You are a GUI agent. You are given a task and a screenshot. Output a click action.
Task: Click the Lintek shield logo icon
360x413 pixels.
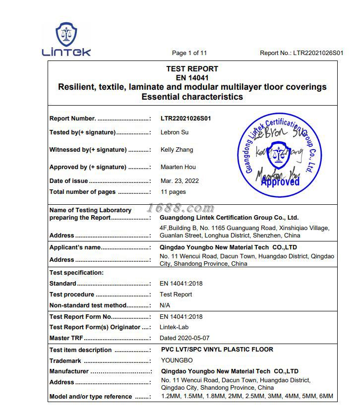pyautogui.click(x=66, y=34)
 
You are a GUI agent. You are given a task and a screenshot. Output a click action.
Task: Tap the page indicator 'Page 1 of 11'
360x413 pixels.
pyautogui.click(x=189, y=53)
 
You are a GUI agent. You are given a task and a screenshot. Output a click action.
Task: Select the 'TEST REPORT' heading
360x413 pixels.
pyautogui.click(x=192, y=69)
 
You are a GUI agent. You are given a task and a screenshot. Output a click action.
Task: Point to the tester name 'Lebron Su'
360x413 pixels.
pyautogui.click(x=175, y=132)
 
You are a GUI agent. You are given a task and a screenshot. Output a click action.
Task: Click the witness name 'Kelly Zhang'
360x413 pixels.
pyautogui.click(x=177, y=150)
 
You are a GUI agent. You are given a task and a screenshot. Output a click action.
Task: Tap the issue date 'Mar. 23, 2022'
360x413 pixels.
pyautogui.click(x=180, y=181)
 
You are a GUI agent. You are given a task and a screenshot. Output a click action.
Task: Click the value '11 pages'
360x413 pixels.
pyautogui.click(x=173, y=192)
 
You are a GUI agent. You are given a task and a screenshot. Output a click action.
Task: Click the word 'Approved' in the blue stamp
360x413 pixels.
pyautogui.click(x=280, y=182)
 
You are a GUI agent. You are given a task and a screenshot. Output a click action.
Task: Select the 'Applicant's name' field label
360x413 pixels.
pyautogui.click(x=75, y=247)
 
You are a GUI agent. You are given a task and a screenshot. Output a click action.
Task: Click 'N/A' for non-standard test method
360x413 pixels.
pyautogui.click(x=165, y=305)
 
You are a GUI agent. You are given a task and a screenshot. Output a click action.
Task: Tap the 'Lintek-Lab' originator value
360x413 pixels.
pyautogui.click(x=174, y=327)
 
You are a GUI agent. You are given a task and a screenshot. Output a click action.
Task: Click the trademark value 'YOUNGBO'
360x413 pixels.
pyautogui.click(x=177, y=360)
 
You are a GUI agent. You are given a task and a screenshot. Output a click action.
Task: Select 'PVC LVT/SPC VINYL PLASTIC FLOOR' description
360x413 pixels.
pyautogui.click(x=217, y=350)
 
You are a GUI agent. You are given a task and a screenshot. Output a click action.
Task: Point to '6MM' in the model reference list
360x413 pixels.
pyautogui.click(x=326, y=397)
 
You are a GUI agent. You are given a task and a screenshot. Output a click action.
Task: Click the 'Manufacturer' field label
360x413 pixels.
pyautogui.click(x=69, y=371)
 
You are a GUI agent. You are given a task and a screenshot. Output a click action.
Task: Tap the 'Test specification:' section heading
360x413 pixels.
pyautogui.click(x=76, y=273)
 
